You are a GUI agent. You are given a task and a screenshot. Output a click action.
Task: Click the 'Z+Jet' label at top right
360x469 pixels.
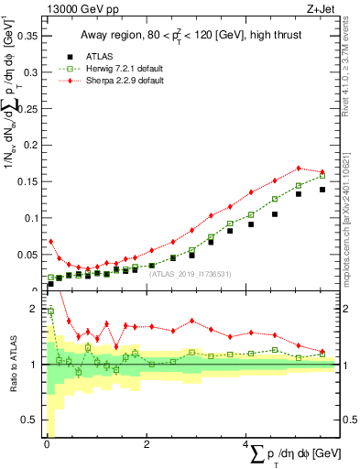(x=320, y=8)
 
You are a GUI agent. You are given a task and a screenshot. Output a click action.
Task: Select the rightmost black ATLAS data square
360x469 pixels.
(x=322, y=190)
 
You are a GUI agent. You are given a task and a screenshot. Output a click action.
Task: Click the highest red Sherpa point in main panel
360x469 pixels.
(x=299, y=168)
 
